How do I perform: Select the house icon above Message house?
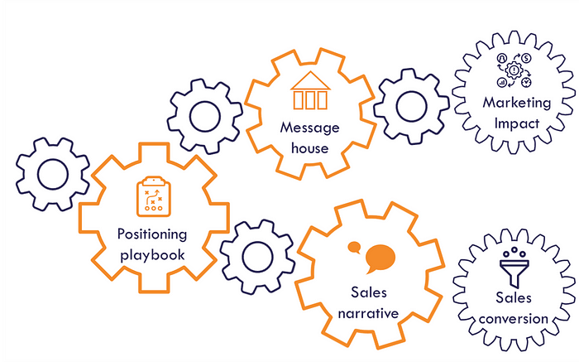click(x=310, y=91)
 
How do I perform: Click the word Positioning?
click(x=152, y=234)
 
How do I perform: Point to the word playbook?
click(x=152, y=254)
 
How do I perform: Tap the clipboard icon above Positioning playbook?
click(x=152, y=195)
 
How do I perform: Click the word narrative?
click(x=369, y=313)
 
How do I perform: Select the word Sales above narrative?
click(x=369, y=293)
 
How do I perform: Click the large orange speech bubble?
click(x=378, y=258)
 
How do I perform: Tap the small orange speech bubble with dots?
click(x=355, y=247)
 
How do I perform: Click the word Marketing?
click(x=517, y=103)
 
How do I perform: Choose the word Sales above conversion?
click(x=514, y=297)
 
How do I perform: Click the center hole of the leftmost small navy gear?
click(x=53, y=174)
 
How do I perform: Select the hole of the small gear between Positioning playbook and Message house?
click(x=204, y=117)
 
